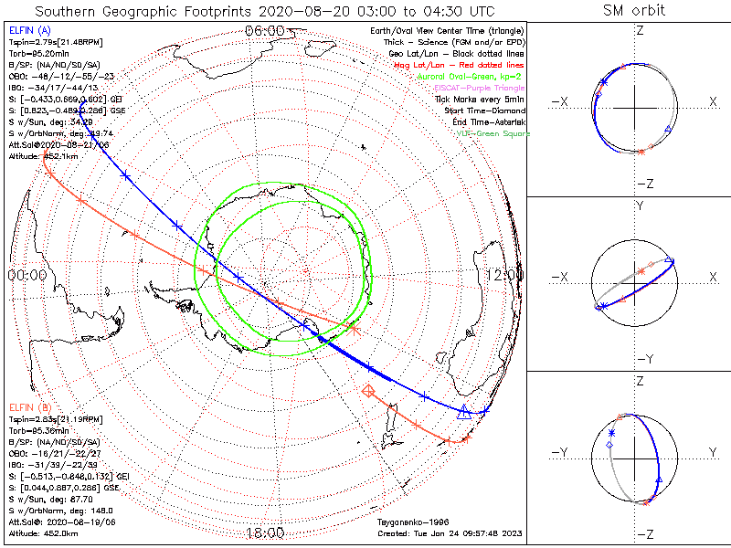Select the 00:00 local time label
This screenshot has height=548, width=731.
(27, 274)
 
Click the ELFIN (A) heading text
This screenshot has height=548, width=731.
(29, 30)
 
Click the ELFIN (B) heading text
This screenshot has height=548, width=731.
(29, 406)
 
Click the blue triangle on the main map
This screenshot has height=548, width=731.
(463, 411)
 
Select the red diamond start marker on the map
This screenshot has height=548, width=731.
(368, 391)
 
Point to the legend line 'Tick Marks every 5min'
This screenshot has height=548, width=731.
(481, 99)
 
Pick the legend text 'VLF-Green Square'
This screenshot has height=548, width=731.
(493, 133)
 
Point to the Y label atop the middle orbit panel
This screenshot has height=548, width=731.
(639, 206)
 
